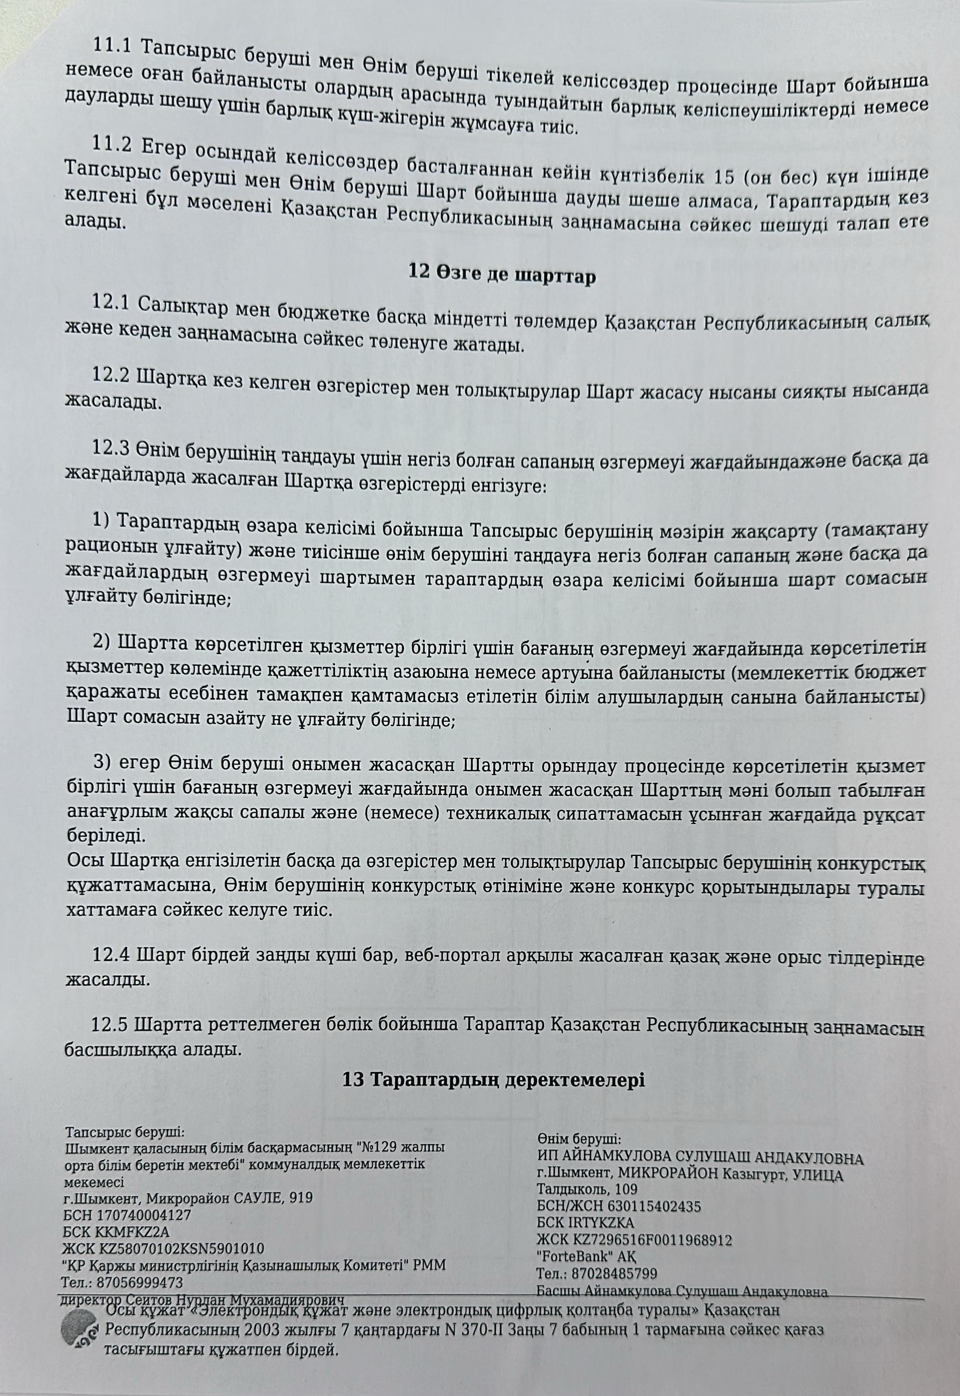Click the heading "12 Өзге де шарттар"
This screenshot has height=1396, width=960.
pos(502,275)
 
